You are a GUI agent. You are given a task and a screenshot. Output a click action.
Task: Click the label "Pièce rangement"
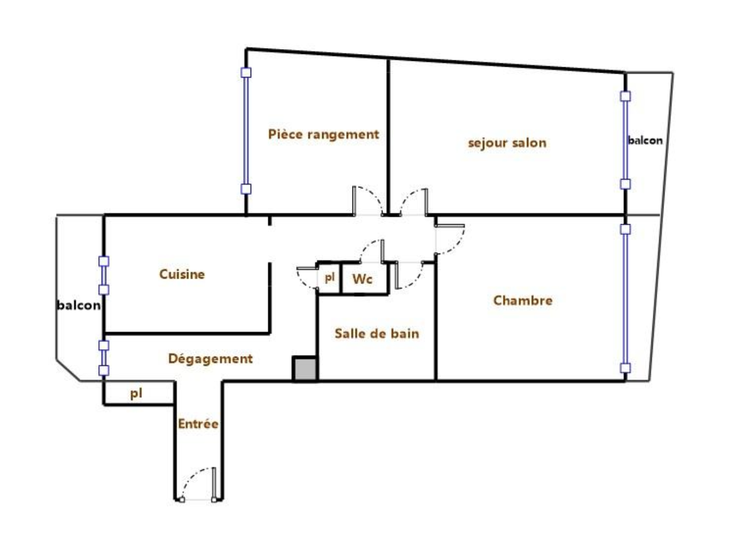click(323, 134)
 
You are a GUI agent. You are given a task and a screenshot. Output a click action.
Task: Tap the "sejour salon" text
click(507, 143)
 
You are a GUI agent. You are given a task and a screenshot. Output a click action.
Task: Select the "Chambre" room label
click(523, 300)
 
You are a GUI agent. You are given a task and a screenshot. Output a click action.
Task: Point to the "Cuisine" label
click(182, 275)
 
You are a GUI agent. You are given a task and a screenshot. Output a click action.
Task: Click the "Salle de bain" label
click(377, 334)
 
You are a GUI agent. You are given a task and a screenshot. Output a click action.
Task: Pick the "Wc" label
click(362, 279)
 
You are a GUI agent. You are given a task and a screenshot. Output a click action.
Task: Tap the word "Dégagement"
click(210, 359)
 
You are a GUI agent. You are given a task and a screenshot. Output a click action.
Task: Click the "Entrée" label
click(198, 424)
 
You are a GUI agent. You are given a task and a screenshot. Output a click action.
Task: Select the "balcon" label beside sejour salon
click(645, 141)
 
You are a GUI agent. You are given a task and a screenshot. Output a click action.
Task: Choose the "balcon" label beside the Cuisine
click(78, 306)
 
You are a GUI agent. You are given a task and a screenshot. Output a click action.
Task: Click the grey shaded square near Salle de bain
click(305, 369)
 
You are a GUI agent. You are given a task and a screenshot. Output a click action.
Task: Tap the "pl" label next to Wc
click(330, 278)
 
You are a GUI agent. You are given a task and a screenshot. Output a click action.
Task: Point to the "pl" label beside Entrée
click(136, 394)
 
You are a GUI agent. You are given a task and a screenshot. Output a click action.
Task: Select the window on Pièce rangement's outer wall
click(246, 131)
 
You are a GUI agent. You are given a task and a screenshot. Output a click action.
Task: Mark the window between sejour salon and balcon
click(625, 140)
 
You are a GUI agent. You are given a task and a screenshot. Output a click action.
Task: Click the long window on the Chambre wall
click(625, 298)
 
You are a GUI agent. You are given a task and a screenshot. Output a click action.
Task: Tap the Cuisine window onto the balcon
click(104, 275)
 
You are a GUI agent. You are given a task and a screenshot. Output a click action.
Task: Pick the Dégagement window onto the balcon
click(104, 358)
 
